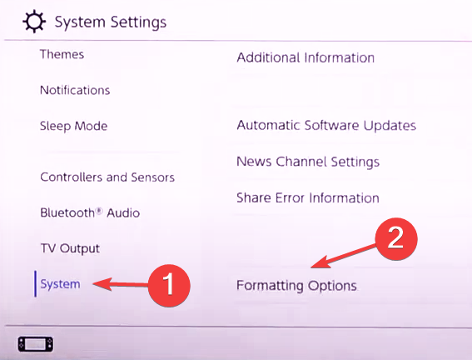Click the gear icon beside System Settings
(34, 22)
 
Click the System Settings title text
(111, 22)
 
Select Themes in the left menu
(62, 54)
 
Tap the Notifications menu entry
(75, 90)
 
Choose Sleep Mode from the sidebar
(74, 126)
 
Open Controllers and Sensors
(107, 177)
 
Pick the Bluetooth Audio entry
(90, 212)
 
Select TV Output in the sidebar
(70, 248)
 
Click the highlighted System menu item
(60, 284)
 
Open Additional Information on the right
(306, 57)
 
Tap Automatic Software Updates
(326, 126)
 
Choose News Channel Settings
(308, 162)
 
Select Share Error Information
(308, 198)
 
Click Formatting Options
(296, 286)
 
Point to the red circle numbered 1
(169, 285)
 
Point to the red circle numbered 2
(396, 238)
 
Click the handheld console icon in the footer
(36, 344)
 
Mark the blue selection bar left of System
(36, 284)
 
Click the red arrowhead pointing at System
(102, 284)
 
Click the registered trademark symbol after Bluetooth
(99, 211)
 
